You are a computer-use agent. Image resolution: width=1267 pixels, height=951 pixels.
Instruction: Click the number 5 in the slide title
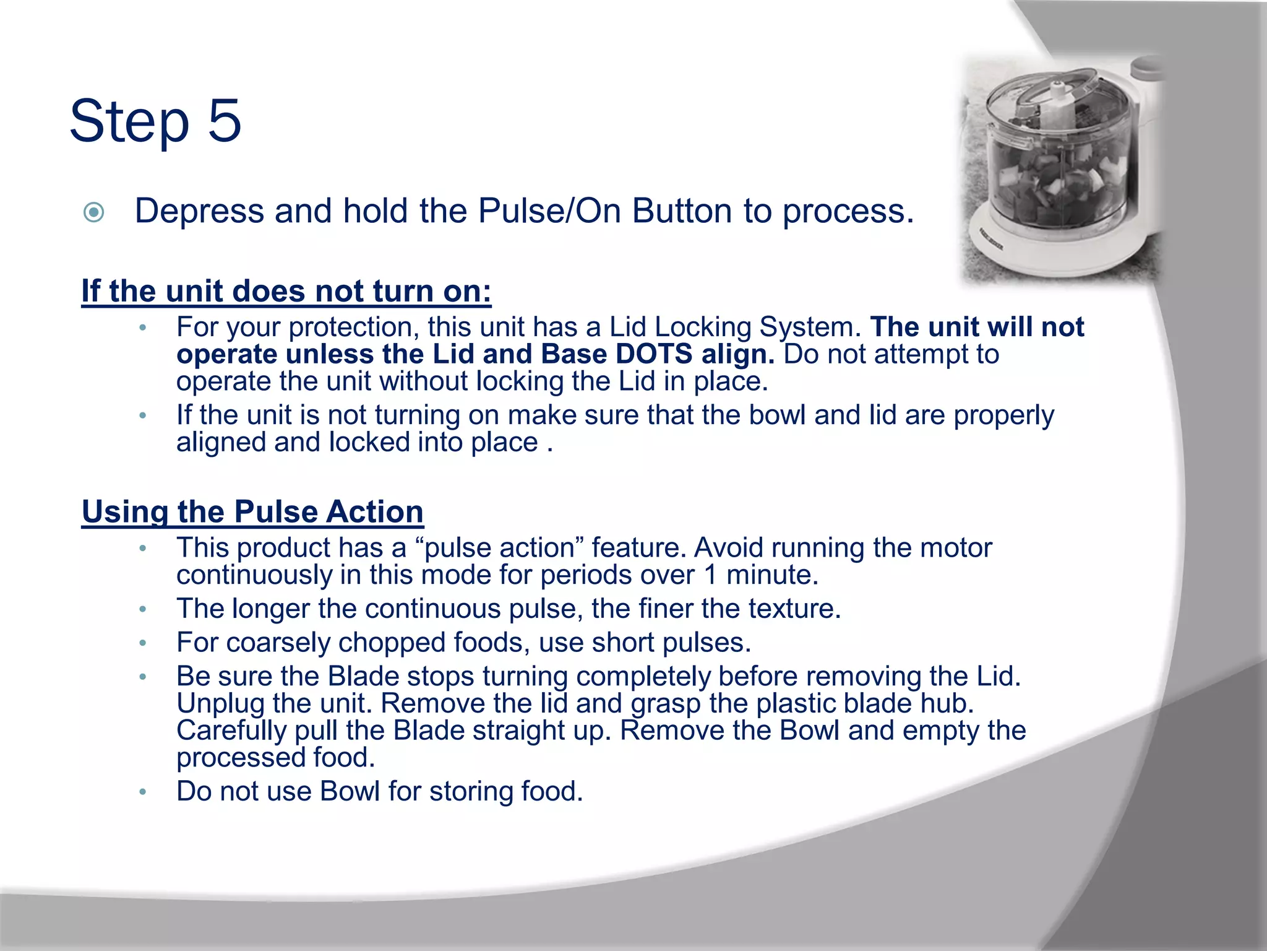[224, 121]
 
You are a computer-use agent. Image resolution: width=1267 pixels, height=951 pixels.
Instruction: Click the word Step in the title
[129, 123]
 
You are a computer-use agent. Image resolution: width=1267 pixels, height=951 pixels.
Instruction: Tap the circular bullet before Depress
[93, 213]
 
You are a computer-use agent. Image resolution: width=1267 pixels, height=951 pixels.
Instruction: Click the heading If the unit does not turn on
[286, 291]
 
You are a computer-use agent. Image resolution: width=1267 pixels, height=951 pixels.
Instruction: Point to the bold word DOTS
[654, 354]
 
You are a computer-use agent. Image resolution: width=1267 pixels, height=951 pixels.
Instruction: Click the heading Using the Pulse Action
[252, 512]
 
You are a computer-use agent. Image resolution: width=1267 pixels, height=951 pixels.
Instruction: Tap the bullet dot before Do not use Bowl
[143, 792]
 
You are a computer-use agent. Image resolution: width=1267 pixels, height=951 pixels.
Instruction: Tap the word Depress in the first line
[200, 211]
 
